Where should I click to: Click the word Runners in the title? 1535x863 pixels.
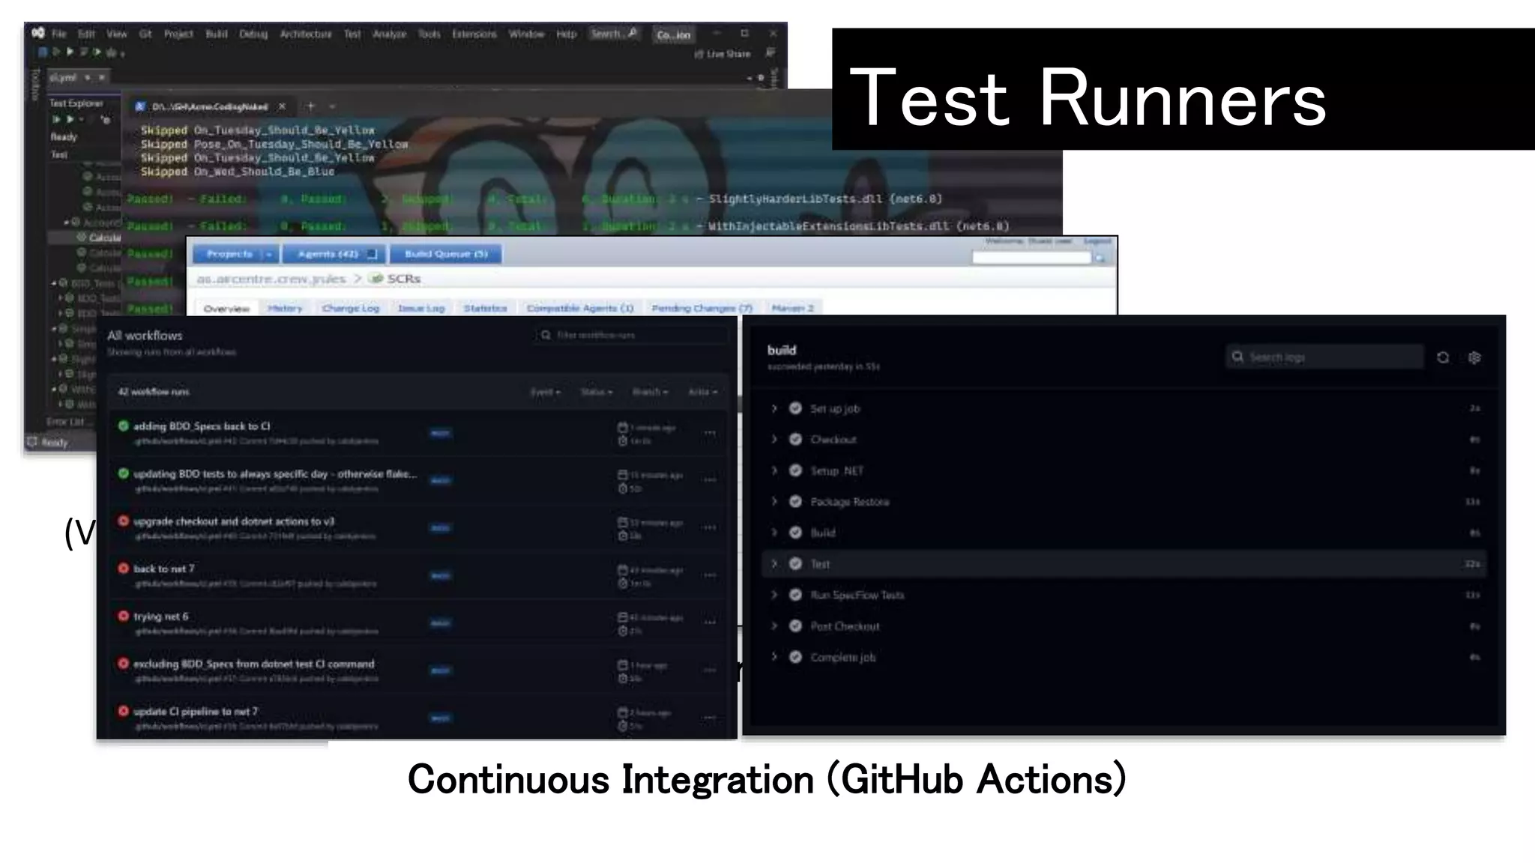coord(1182,98)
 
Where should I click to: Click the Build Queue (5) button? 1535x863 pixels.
coord(446,254)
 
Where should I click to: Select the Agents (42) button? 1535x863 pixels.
coord(333,254)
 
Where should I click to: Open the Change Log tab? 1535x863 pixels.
coord(350,308)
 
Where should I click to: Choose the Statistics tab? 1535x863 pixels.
coord(485,308)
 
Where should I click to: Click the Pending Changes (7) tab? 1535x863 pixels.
coord(702,308)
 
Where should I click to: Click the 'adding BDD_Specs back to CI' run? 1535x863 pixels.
coord(202,426)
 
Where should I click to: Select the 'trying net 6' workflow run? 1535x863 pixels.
coord(161,617)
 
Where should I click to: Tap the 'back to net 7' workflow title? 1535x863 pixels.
coord(163,569)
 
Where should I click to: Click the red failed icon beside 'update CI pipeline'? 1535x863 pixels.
coord(124,710)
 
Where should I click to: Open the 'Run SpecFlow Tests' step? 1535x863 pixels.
coord(857,595)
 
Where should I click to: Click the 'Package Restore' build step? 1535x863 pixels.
coord(849,502)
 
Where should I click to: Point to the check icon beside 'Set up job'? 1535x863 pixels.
coord(795,408)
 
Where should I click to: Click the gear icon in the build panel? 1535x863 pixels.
coord(1474,357)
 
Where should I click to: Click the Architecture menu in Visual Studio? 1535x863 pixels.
coord(305,34)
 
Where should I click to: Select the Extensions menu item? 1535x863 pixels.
coord(474,34)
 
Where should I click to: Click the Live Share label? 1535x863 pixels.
coord(727,54)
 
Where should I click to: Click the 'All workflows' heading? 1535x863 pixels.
coord(145,336)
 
